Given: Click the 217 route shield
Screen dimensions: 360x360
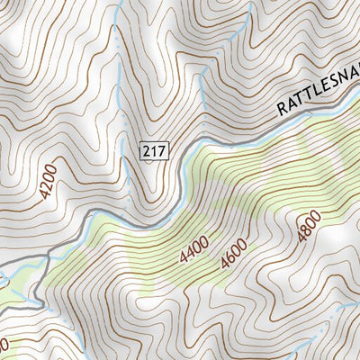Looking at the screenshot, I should click(x=154, y=151).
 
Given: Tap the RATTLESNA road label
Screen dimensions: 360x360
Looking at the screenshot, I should click(x=317, y=94).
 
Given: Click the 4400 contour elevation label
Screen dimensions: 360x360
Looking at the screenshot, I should click(x=193, y=247).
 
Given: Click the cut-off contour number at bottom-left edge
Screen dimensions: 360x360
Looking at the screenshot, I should click(x=4, y=345).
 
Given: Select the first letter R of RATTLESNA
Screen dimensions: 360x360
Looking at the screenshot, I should click(x=281, y=110).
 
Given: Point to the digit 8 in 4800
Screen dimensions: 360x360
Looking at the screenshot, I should click(x=305, y=230).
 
